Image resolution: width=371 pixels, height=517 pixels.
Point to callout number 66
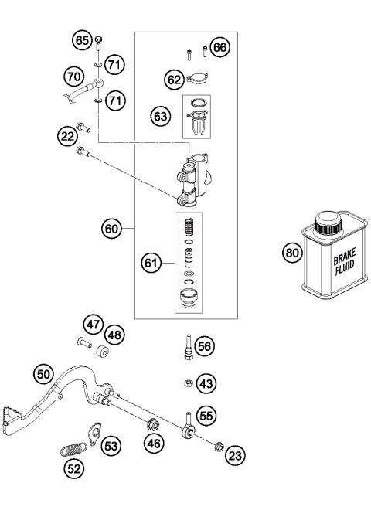coord(220,47)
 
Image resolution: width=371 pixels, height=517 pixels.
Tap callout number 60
coord(113,228)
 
